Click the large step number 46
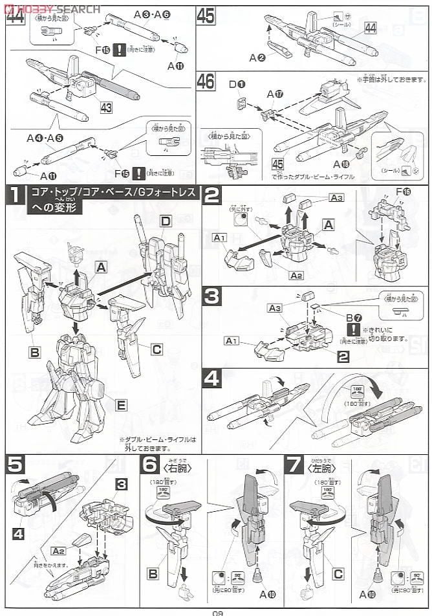click(206, 82)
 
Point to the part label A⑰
click(275, 94)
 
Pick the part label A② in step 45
click(258, 58)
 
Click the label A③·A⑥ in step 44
click(153, 14)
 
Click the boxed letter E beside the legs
click(121, 405)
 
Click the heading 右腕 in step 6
click(175, 465)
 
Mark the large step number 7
click(294, 465)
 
